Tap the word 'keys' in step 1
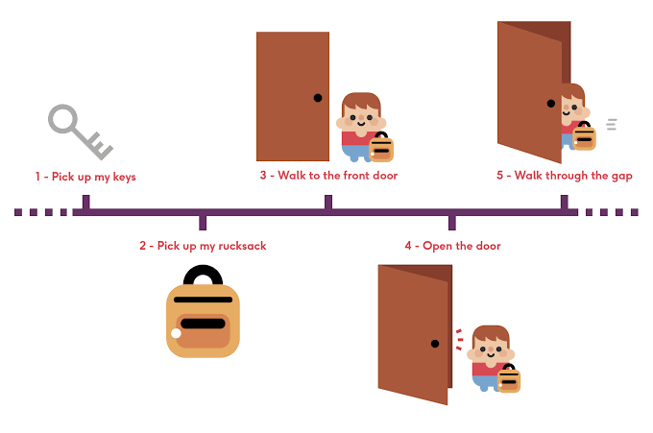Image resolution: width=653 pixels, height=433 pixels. pos(124,177)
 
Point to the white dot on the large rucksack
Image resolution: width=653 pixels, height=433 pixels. pos(176,333)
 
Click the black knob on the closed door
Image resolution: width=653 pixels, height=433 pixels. pos(318,98)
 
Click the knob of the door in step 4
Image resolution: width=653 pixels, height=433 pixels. pos(435,344)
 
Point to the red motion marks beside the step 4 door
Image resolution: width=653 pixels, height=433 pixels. pos(459,339)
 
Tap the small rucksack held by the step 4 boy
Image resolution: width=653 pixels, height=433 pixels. pos(509,378)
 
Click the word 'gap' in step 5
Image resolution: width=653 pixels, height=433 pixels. pos(622,176)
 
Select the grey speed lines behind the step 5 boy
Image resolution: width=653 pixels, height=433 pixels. pos(612,124)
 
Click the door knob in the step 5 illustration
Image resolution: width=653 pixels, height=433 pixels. pos(551,104)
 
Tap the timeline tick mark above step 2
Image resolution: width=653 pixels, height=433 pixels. pos(203,223)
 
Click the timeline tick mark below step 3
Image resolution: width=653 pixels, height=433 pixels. pos(328,202)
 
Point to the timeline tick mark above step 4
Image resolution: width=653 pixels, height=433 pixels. pos(452,223)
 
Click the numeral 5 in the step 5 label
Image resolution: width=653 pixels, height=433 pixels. pos(500,176)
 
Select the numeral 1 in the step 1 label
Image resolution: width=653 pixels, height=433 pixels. pos(37,177)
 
